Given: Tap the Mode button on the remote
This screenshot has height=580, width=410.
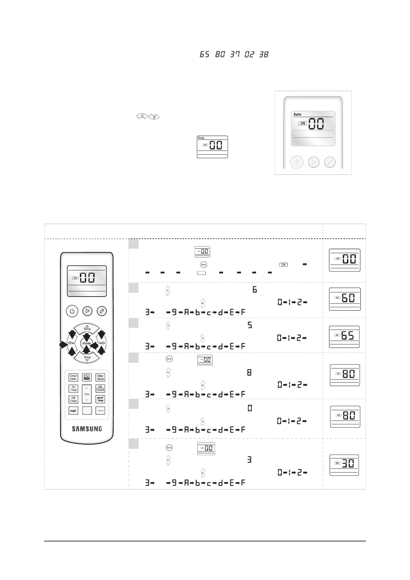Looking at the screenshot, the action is pyautogui.click(x=86, y=343).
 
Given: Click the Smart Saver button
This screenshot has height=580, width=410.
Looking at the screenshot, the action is pyautogui.click(x=73, y=377).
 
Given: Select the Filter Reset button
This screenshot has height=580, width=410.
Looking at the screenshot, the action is pyautogui.click(x=100, y=377).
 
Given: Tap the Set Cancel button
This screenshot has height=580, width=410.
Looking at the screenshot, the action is pyautogui.click(x=100, y=388).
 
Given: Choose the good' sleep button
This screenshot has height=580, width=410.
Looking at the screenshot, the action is pyautogui.click(x=100, y=399).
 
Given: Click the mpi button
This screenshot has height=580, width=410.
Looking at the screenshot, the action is pyautogui.click(x=73, y=411).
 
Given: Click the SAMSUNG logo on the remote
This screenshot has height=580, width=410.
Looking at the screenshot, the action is pyautogui.click(x=87, y=429).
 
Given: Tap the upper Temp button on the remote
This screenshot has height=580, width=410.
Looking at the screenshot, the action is pyautogui.click(x=87, y=328).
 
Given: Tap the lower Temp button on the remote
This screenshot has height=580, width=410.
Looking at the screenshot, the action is pyautogui.click(x=87, y=358).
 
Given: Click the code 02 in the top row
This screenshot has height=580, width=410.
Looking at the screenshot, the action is pyautogui.click(x=249, y=54).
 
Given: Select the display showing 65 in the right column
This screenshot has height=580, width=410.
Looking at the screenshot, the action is pyautogui.click(x=344, y=336).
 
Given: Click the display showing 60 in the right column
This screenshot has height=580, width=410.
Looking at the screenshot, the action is pyautogui.click(x=345, y=298).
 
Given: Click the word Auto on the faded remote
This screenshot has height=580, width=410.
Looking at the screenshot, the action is pyautogui.click(x=297, y=114).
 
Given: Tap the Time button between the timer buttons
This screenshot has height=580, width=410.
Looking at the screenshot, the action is pyautogui.click(x=87, y=394).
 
